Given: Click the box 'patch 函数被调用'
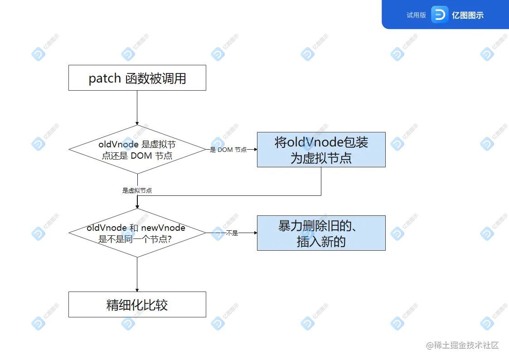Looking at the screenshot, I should (137, 78).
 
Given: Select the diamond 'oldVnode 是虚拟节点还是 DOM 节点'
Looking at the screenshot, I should (137, 150).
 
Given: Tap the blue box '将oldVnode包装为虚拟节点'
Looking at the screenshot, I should (321, 151).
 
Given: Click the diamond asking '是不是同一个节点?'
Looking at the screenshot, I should (137, 233).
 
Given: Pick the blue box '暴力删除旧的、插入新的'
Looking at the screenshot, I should (321, 234).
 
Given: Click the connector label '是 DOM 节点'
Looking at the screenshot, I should (229, 150).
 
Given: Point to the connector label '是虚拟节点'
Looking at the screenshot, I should (137, 191).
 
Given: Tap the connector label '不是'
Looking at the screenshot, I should (232, 233).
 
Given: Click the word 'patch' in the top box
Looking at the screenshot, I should (104, 78).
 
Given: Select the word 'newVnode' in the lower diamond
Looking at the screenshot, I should (163, 228).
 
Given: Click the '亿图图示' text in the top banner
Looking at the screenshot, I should (467, 15).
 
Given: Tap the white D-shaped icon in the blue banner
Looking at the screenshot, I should (439, 15).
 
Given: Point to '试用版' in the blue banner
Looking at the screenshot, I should (416, 15).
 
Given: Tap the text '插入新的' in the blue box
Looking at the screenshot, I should (321, 242).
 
